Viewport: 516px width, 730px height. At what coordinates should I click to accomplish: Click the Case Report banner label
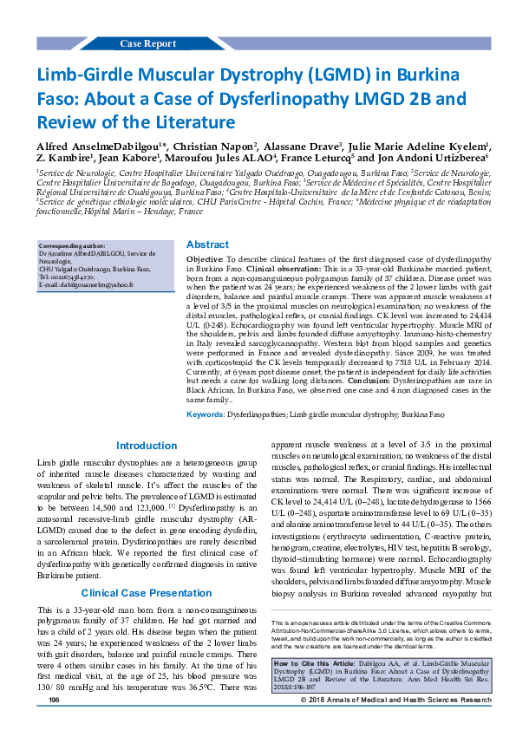147,43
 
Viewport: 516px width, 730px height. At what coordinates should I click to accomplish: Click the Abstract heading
208,245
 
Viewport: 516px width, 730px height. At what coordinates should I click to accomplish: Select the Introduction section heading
146,446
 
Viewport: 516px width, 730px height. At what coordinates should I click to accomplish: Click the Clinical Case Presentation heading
146,569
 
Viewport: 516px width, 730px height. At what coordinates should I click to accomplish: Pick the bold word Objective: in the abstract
206,259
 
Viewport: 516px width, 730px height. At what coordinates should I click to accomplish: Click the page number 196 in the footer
54,723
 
